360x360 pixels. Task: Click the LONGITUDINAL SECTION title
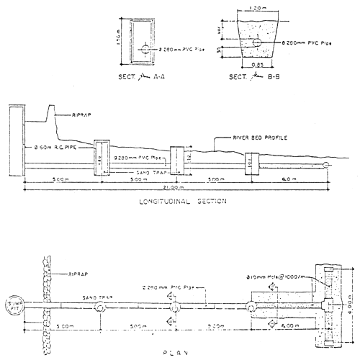181,203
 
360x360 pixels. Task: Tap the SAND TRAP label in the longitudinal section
133,173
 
